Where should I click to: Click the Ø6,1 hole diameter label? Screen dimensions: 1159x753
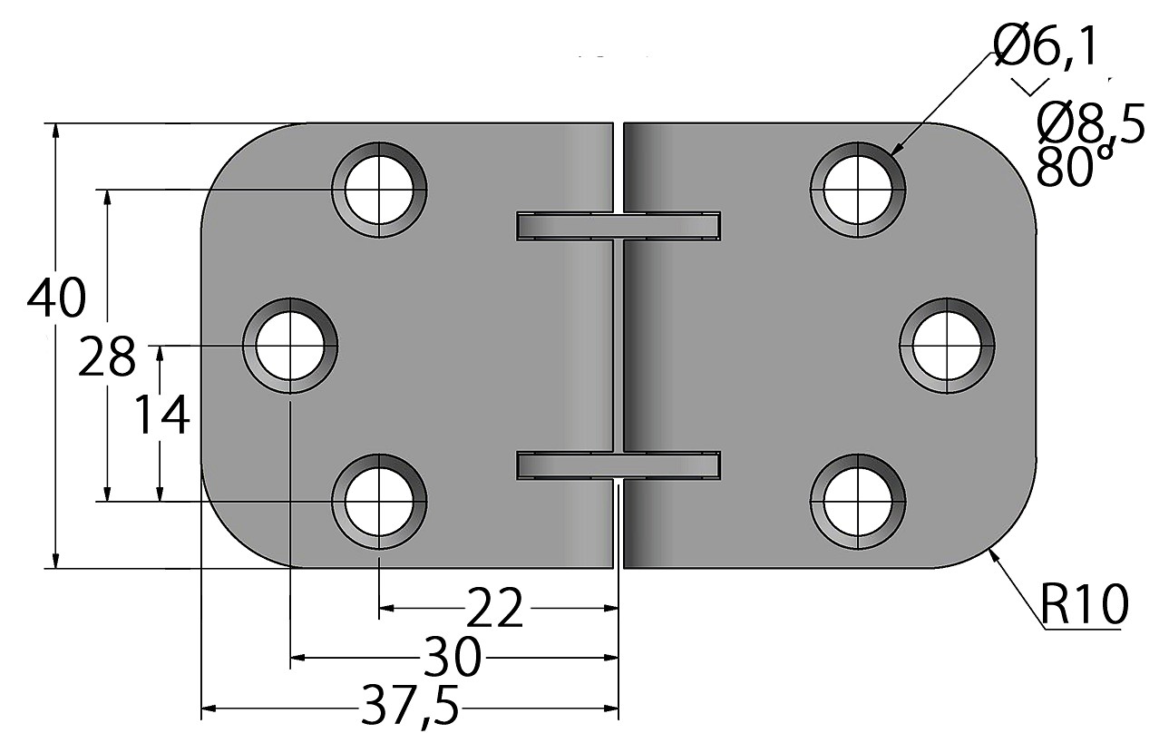pos(1044,48)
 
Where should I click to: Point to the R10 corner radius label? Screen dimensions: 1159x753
pos(1084,604)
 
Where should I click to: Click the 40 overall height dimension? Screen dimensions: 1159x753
pos(56,298)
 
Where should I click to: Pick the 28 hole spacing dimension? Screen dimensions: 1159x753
pos(107,356)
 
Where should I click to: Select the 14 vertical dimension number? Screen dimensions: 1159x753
pos(162,415)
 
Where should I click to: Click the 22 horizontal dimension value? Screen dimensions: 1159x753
pos(494,608)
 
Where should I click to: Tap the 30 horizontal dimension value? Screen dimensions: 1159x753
pos(453,657)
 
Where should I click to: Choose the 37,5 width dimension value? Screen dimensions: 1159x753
pos(410,707)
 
